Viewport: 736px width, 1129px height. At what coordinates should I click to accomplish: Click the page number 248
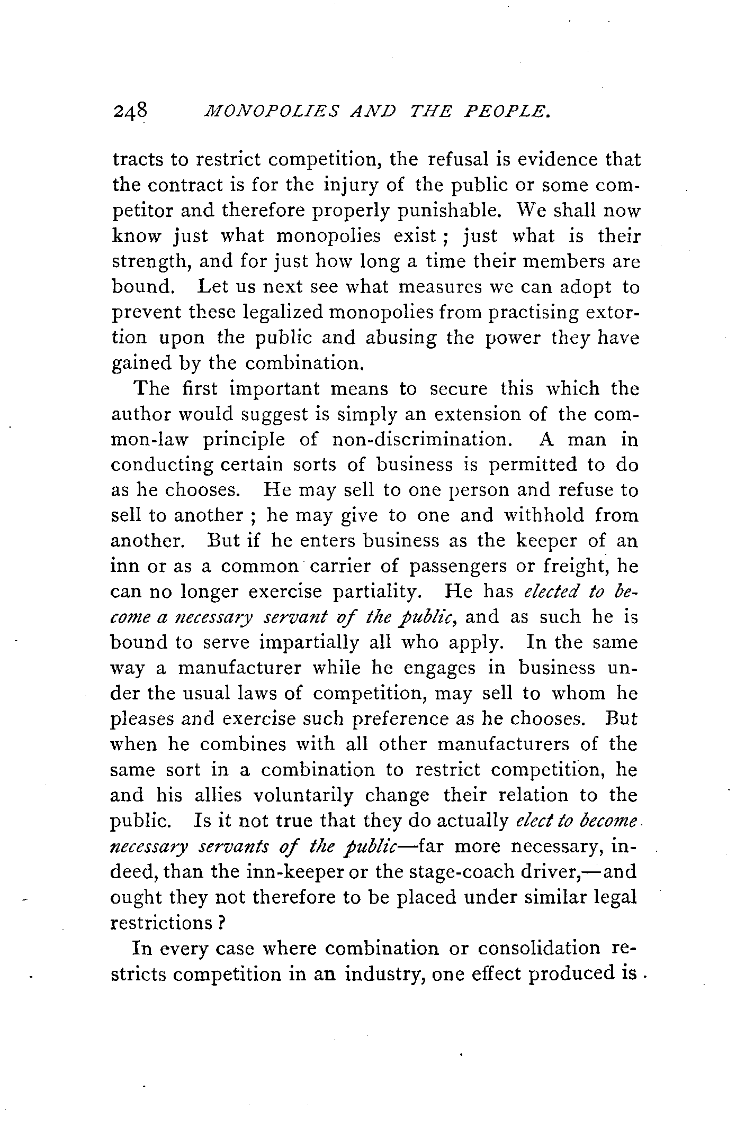tap(129, 112)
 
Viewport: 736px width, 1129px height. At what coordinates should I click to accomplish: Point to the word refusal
tap(461, 159)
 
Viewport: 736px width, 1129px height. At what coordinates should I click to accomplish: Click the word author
tap(141, 414)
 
